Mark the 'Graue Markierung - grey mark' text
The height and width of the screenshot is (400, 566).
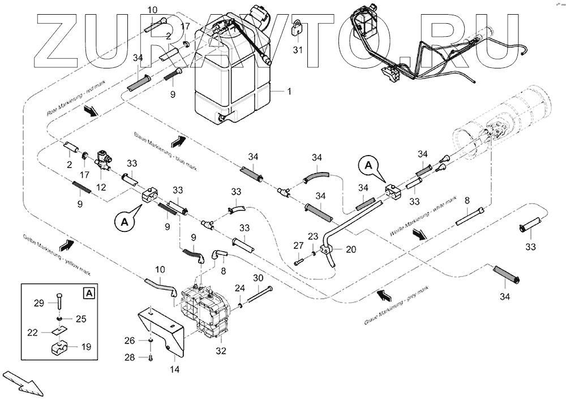click(x=397, y=306)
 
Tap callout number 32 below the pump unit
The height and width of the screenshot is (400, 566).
click(x=221, y=351)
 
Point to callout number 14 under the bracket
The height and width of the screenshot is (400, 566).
click(x=175, y=369)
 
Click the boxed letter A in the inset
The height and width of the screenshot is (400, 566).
click(x=88, y=293)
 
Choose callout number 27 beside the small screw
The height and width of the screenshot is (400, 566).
click(x=299, y=245)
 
